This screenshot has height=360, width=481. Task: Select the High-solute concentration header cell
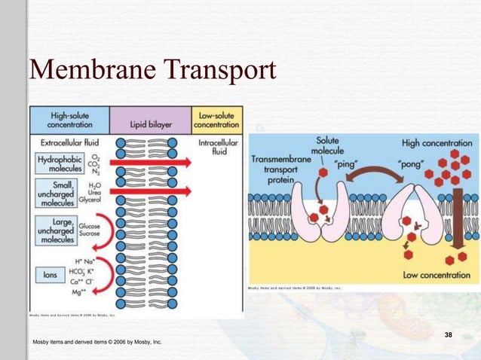[x=69, y=120]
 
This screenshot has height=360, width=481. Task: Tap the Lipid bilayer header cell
[x=151, y=121]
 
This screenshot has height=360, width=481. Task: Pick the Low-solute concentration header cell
[x=217, y=120]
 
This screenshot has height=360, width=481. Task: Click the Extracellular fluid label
[x=66, y=142]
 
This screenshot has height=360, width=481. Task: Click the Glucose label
[x=90, y=225]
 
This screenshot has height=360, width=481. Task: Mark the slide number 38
[x=449, y=334]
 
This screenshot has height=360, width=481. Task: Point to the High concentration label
[x=439, y=143]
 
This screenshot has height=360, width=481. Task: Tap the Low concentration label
[x=437, y=276]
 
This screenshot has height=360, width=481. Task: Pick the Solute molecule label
[x=327, y=145]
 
